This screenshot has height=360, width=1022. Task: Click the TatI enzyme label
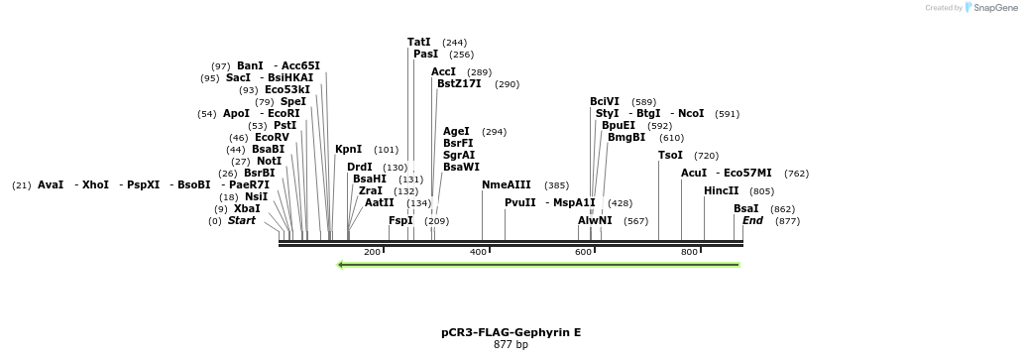[x=419, y=43]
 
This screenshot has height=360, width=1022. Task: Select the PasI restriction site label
[x=425, y=55]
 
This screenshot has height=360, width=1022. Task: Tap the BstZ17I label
[x=459, y=84]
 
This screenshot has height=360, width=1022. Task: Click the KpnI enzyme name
[x=349, y=150]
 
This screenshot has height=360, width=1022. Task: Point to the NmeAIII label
[x=507, y=185]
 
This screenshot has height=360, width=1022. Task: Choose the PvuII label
[x=520, y=202]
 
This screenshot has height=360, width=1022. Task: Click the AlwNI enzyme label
[x=595, y=220]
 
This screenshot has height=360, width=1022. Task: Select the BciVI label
[x=605, y=101]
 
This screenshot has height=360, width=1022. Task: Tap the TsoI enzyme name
[x=670, y=156]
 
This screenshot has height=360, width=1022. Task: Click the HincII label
[x=721, y=190]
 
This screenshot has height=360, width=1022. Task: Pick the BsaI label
[x=746, y=208]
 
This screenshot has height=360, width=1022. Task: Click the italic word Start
[x=242, y=220]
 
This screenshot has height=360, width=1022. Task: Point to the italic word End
[x=752, y=220]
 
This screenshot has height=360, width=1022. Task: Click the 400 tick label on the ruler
[x=479, y=253]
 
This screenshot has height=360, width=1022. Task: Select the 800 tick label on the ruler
[x=690, y=253]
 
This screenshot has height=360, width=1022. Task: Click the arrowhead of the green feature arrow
[x=341, y=265]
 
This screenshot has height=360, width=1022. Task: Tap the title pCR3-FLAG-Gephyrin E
[x=511, y=332]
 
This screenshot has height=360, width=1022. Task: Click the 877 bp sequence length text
[x=511, y=345]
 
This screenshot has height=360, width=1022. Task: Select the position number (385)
[x=557, y=185]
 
